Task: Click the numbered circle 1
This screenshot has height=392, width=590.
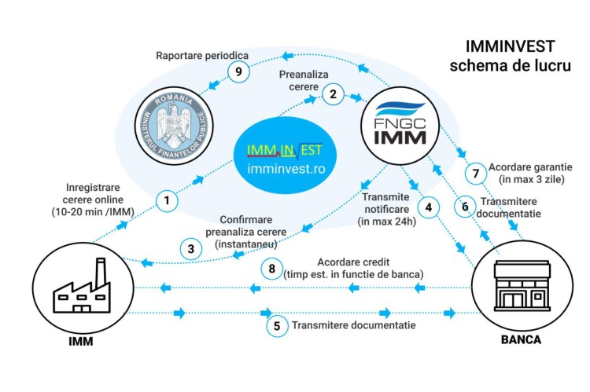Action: pyautogui.click(x=166, y=201)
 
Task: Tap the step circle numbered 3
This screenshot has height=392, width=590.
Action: pyautogui.click(x=190, y=250)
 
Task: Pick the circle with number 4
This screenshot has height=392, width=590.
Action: pyautogui.click(x=428, y=208)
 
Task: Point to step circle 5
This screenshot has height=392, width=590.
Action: pyautogui.click(x=275, y=325)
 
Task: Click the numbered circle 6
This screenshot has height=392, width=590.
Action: pyautogui.click(x=466, y=207)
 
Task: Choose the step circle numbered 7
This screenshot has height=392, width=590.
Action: pyautogui.click(x=474, y=172)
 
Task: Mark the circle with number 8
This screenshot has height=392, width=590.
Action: pyautogui.click(x=271, y=269)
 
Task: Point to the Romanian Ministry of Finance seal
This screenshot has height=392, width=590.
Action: pyautogui.click(x=168, y=123)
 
